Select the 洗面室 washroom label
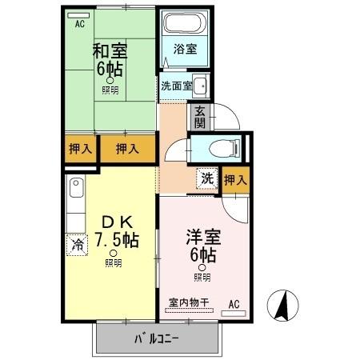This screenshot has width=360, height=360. (x=174, y=85)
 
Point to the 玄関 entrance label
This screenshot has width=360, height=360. (x=198, y=117)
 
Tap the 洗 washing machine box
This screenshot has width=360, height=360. (x=206, y=178)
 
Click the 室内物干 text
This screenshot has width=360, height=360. (x=188, y=302)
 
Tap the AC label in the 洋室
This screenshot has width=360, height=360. (x=234, y=303)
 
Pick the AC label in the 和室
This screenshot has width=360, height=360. (x=79, y=23)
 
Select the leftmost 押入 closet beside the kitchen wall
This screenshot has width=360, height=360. (x=78, y=148)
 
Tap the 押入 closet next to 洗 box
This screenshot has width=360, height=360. (x=235, y=180)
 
